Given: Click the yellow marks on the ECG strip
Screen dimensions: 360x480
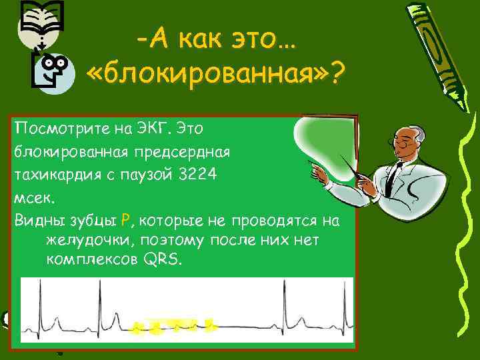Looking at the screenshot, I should point(174,326).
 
